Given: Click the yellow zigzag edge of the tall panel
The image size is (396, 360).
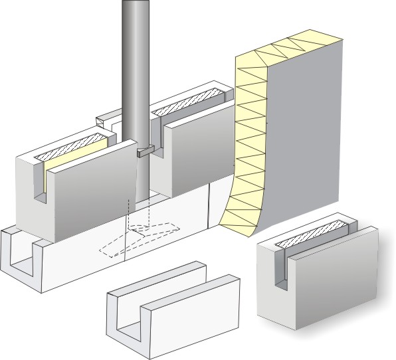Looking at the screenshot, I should [x=250, y=133].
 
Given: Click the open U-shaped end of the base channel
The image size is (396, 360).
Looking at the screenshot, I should [x=23, y=256].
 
